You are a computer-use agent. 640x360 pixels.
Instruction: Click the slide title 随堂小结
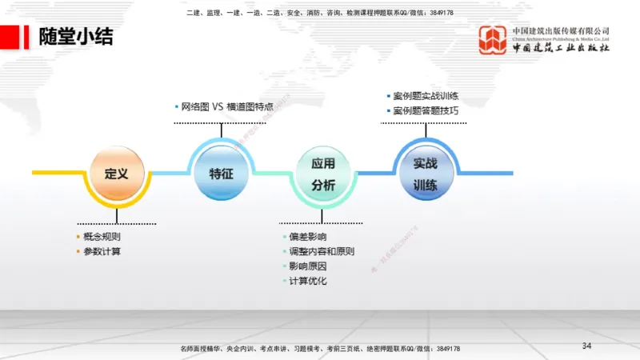(x=76, y=37)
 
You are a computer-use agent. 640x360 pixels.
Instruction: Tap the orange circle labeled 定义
(x=117, y=173)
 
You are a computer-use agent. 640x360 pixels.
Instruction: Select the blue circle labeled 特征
(x=221, y=173)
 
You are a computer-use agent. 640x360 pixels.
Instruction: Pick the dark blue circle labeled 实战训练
(x=425, y=173)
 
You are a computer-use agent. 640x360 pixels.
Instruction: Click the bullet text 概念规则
(x=102, y=237)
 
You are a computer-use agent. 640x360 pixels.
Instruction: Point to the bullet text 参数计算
(x=102, y=251)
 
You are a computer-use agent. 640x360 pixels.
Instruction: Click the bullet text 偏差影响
(x=307, y=237)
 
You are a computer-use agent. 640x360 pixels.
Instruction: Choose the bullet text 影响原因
(x=307, y=266)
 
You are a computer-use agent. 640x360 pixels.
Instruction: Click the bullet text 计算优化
(x=307, y=281)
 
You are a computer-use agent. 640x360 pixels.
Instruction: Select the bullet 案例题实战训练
(x=426, y=97)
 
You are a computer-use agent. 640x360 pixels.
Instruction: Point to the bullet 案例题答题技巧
(x=426, y=110)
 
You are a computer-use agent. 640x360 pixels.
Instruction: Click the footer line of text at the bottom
(x=320, y=350)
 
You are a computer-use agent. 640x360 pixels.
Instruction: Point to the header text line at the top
(x=319, y=13)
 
